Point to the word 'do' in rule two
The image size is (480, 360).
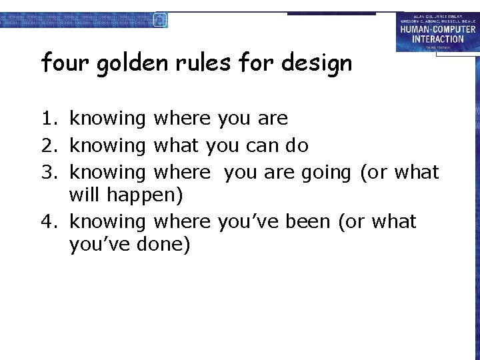point(297,145)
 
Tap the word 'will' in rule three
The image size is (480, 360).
point(83,195)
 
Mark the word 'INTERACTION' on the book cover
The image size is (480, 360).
point(437,39)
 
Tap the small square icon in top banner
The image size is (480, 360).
point(160,19)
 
